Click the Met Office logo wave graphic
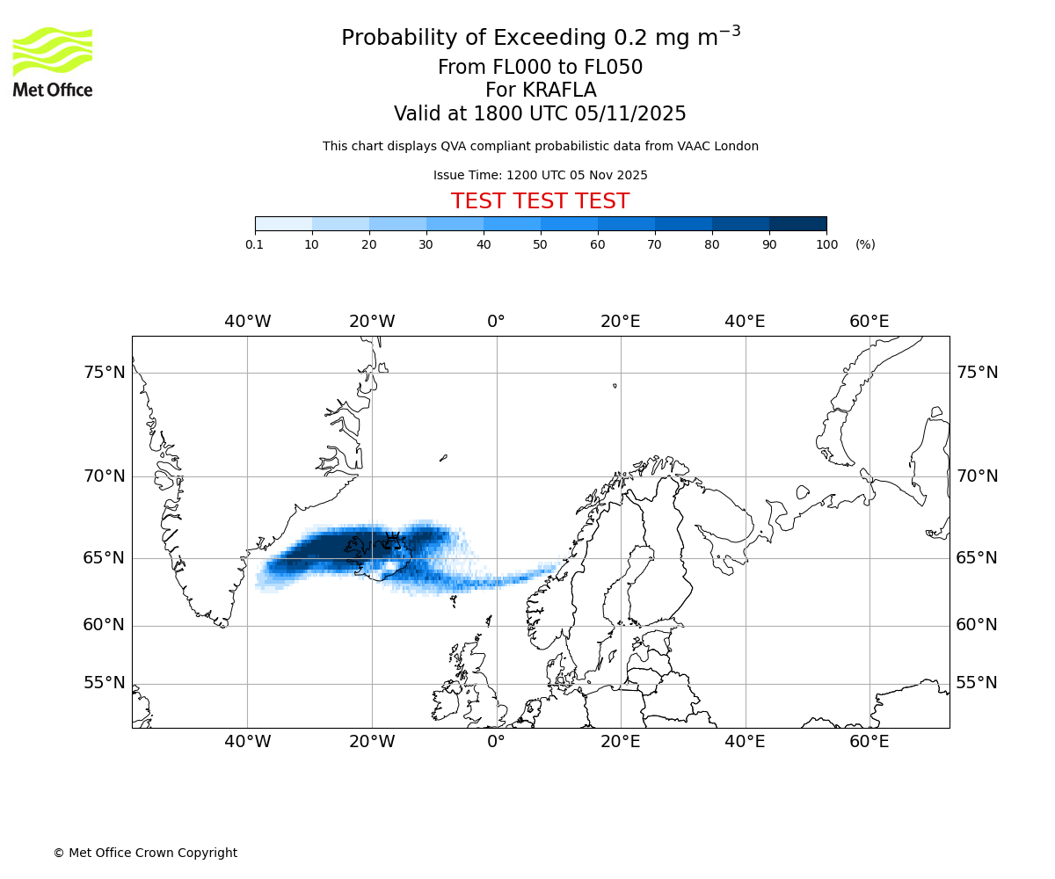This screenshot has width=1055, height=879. (53, 51)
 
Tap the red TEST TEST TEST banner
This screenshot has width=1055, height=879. (540, 201)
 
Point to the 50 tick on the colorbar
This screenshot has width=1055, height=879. (541, 244)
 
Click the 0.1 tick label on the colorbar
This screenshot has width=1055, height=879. (255, 244)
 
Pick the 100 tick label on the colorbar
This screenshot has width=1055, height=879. (826, 244)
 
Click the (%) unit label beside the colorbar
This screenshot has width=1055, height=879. (865, 244)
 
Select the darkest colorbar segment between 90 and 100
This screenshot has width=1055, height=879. (797, 223)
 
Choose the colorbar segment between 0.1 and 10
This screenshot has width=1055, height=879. (283, 223)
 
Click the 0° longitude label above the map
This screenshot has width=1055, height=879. (496, 322)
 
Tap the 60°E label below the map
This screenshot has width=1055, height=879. (869, 742)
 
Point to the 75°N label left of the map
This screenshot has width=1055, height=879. (105, 373)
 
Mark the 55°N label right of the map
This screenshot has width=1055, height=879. (977, 683)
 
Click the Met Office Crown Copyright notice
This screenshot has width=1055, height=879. (145, 853)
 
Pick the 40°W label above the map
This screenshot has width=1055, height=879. (247, 322)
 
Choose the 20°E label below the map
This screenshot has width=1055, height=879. (621, 742)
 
